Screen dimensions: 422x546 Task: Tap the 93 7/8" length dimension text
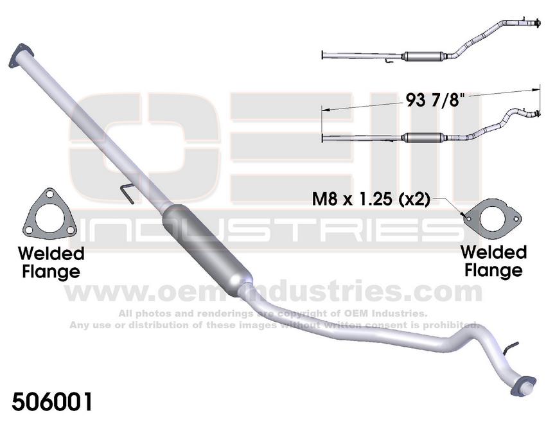click(x=435, y=101)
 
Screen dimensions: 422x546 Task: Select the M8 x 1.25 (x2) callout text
click(x=371, y=198)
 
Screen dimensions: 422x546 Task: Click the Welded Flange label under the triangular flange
click(x=51, y=262)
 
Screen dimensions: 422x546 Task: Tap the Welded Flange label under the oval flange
click(x=493, y=260)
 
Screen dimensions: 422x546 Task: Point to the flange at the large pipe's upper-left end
click(x=22, y=54)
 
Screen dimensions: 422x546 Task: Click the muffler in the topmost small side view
click(x=421, y=56)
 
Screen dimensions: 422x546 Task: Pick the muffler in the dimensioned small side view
click(x=422, y=137)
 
